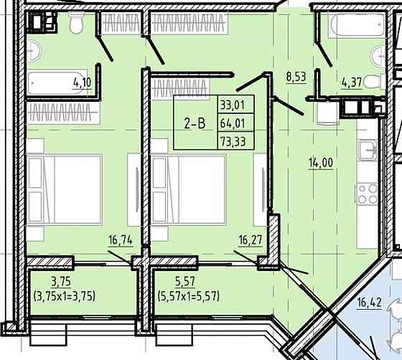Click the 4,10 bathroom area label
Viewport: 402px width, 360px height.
(83, 83)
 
